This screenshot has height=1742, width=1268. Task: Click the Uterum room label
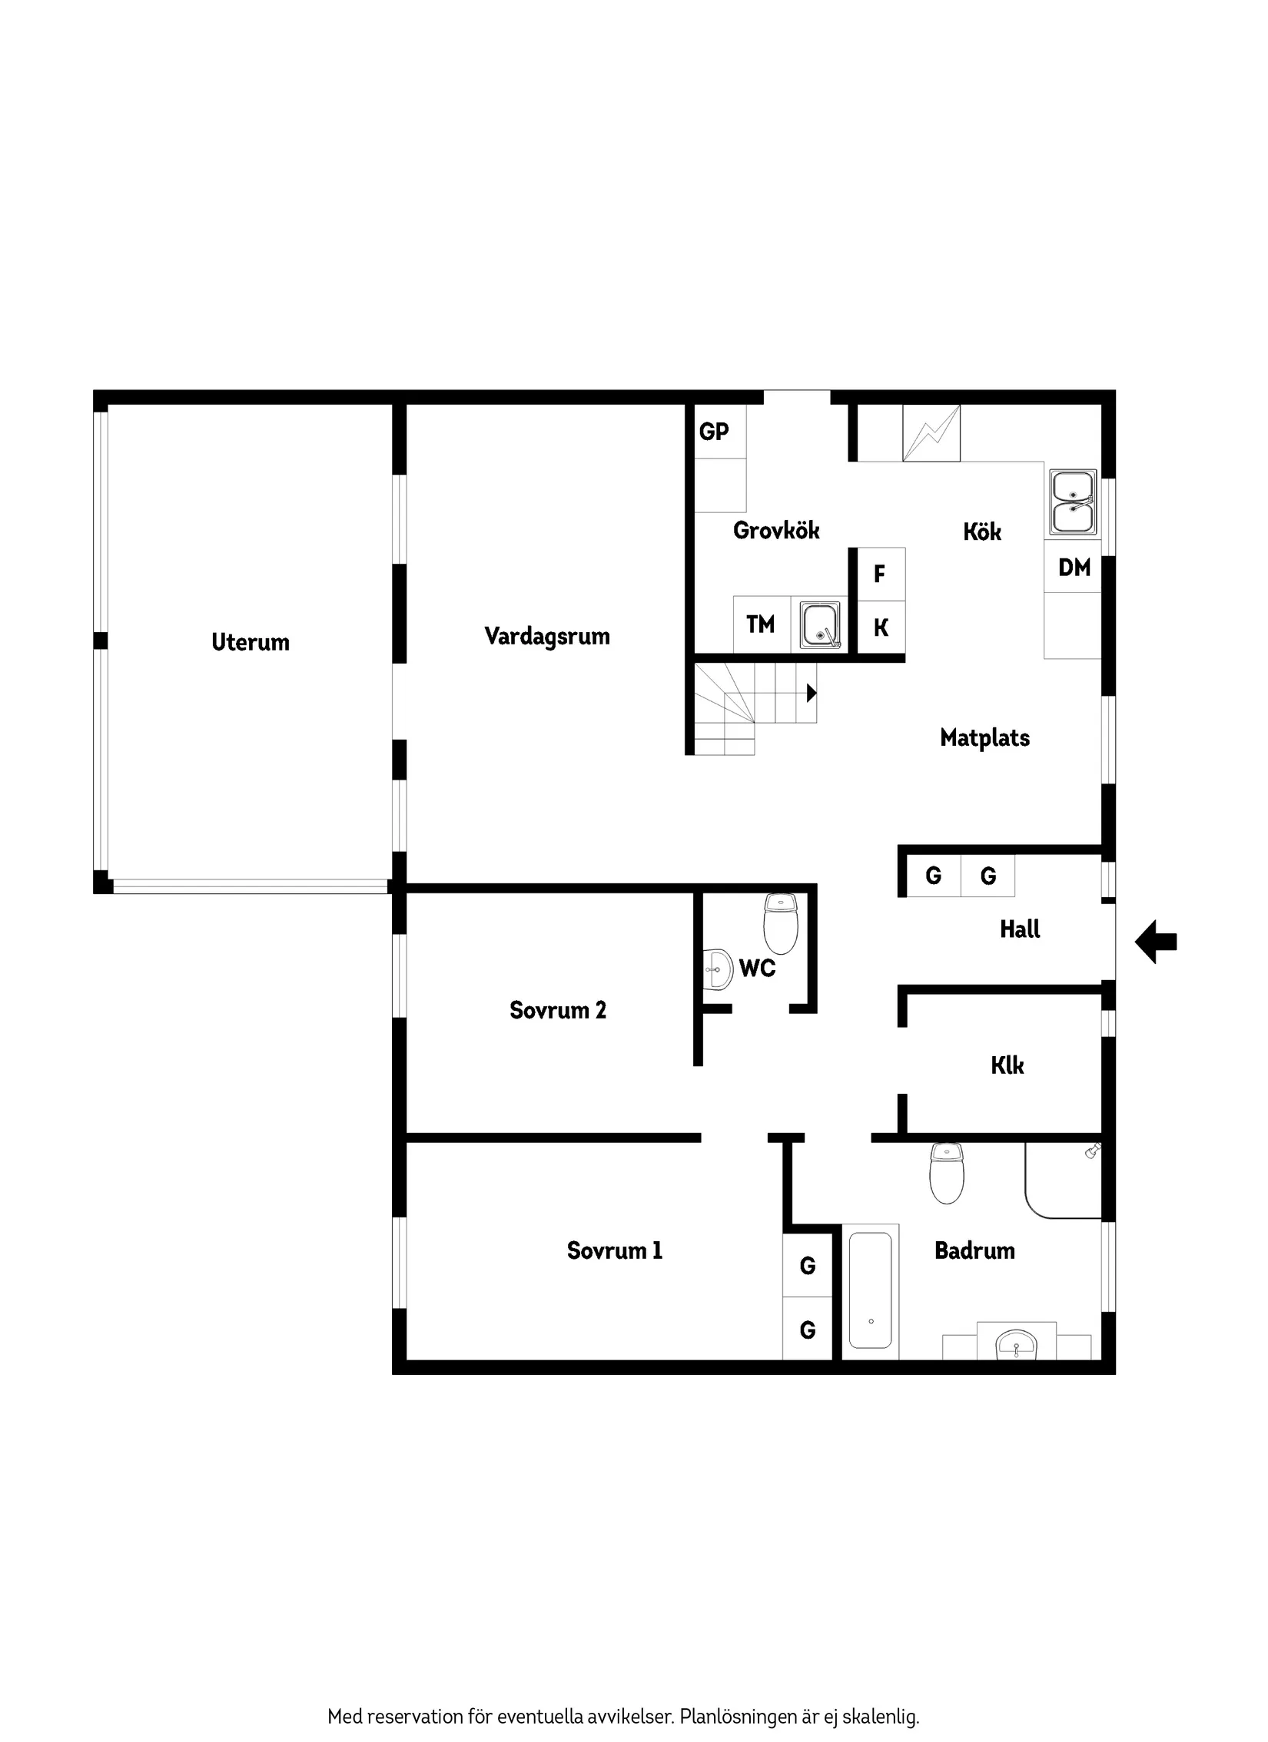point(251,642)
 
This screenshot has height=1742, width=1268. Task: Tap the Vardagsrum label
point(547,636)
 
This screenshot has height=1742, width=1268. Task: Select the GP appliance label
point(714,432)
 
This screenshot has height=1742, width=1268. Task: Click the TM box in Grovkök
point(761,624)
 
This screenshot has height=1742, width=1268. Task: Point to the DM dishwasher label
point(1074,568)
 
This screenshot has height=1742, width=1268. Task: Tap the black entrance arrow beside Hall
point(1156,942)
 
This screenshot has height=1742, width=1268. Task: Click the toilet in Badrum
point(947,1173)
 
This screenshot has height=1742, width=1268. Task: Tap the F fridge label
point(880,573)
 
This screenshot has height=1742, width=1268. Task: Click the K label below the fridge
point(881,628)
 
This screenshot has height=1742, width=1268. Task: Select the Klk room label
point(1007,1065)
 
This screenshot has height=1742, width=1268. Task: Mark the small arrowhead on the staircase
point(811,693)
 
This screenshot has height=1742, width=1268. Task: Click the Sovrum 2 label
point(558,1010)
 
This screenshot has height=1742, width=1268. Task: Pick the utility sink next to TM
point(820,624)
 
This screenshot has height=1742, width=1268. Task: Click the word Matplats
point(984,738)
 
